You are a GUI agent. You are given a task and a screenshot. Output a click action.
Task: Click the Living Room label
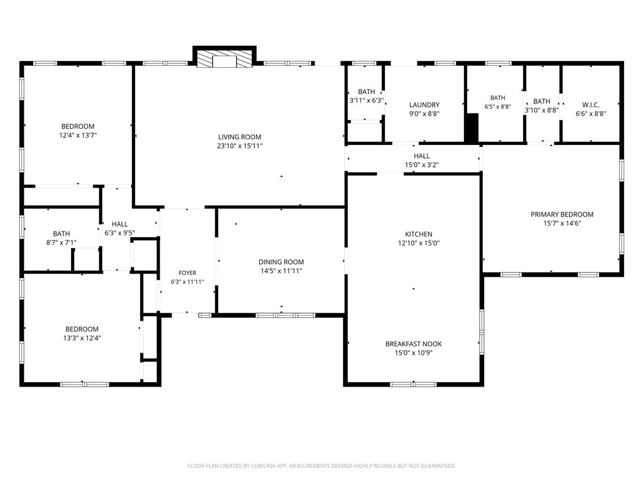pos(239,137)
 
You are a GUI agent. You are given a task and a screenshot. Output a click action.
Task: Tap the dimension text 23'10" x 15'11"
pos(239,146)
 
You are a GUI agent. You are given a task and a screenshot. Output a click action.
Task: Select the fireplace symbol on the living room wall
pos(224,59)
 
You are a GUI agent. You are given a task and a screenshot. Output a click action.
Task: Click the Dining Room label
pos(281,262)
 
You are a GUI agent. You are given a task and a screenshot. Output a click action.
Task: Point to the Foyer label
pos(187,273)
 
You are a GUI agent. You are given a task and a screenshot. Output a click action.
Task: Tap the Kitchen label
pos(419,234)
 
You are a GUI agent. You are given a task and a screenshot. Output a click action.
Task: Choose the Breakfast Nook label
pos(413,344)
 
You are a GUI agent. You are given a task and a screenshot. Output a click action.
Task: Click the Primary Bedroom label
pos(562,215)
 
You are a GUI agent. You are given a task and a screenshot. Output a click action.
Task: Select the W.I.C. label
pos(591,105)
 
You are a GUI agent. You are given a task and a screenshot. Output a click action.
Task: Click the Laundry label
pos(424,105)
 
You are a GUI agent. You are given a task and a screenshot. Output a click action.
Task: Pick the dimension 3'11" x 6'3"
pos(367,100)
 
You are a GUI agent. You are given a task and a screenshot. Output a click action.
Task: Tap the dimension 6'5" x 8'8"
pos(498,107)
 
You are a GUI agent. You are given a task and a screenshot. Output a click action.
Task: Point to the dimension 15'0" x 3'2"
pos(421,165)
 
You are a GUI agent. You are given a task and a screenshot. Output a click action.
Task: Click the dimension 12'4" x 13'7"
pos(78,136)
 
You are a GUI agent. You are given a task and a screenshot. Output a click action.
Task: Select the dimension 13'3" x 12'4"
pos(82,338)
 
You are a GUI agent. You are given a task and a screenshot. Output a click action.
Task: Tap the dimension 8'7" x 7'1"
pos(61,243)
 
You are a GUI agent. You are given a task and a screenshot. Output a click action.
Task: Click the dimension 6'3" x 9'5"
pos(120,233)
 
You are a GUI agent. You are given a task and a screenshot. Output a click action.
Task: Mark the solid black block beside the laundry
pos(472,128)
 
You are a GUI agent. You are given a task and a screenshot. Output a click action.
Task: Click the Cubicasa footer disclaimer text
pos(321,466)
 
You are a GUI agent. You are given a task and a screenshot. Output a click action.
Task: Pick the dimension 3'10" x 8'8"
pos(542,110)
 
